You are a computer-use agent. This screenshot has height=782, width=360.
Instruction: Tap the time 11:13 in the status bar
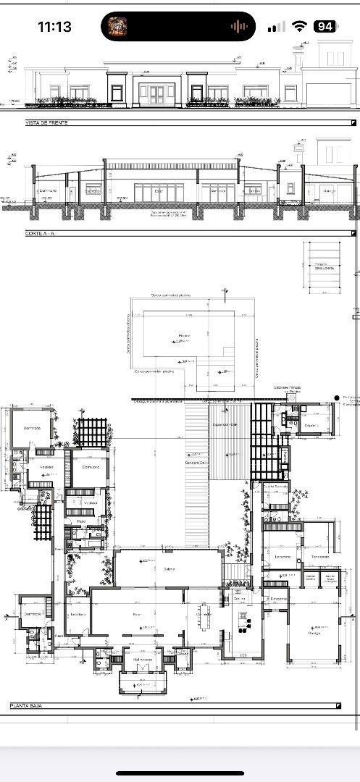(x=54, y=27)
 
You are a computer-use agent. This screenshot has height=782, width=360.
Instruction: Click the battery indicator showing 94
(x=325, y=27)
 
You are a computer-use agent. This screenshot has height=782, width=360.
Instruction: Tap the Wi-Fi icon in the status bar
(x=299, y=27)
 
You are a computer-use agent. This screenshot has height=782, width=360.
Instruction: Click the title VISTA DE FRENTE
(x=47, y=123)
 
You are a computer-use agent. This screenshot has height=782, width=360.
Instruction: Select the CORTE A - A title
(x=41, y=234)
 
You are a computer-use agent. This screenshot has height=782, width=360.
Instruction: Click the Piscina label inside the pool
(x=184, y=335)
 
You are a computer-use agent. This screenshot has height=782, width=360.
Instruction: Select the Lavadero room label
(x=282, y=557)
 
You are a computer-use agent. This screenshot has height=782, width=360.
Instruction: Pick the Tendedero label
(x=320, y=557)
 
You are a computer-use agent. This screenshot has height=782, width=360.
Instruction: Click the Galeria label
(x=169, y=568)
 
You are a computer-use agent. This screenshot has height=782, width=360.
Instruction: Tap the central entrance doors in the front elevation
(x=157, y=93)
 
